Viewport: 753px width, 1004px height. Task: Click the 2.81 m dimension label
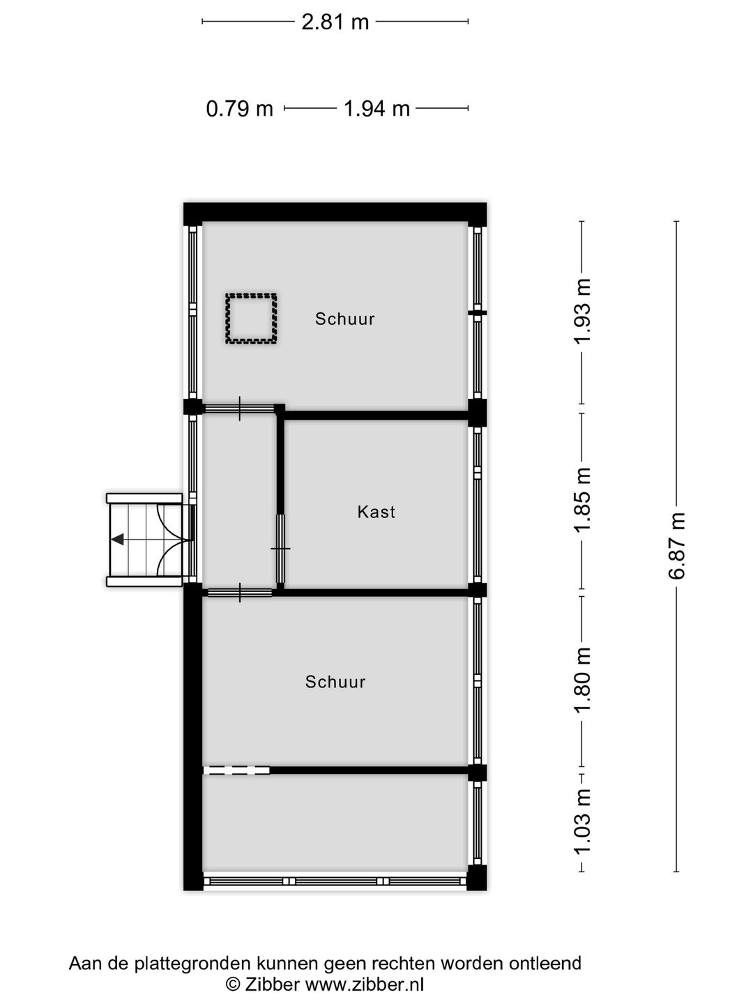(335, 22)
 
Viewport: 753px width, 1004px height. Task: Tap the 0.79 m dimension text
(239, 109)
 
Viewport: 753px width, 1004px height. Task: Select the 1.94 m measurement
(376, 109)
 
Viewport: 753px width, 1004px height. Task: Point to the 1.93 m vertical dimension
(582, 310)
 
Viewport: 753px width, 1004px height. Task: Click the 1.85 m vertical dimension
(582, 499)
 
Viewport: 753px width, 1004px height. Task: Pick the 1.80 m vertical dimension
(582, 680)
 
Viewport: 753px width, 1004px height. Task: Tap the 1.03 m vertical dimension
(582, 821)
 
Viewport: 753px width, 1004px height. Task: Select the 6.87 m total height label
(676, 546)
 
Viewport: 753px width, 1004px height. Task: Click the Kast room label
(376, 512)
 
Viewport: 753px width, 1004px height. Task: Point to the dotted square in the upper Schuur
(251, 319)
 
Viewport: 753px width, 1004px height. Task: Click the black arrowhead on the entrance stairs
(118, 539)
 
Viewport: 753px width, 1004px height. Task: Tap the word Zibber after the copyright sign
(273, 984)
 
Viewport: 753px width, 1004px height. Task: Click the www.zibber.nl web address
(365, 984)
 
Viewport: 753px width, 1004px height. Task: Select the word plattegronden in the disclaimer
(183, 964)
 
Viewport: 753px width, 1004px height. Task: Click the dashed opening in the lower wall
(236, 770)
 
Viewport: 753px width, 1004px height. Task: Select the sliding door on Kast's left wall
(280, 549)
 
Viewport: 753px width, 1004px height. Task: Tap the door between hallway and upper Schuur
(239, 409)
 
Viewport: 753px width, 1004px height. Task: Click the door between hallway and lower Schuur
(240, 593)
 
